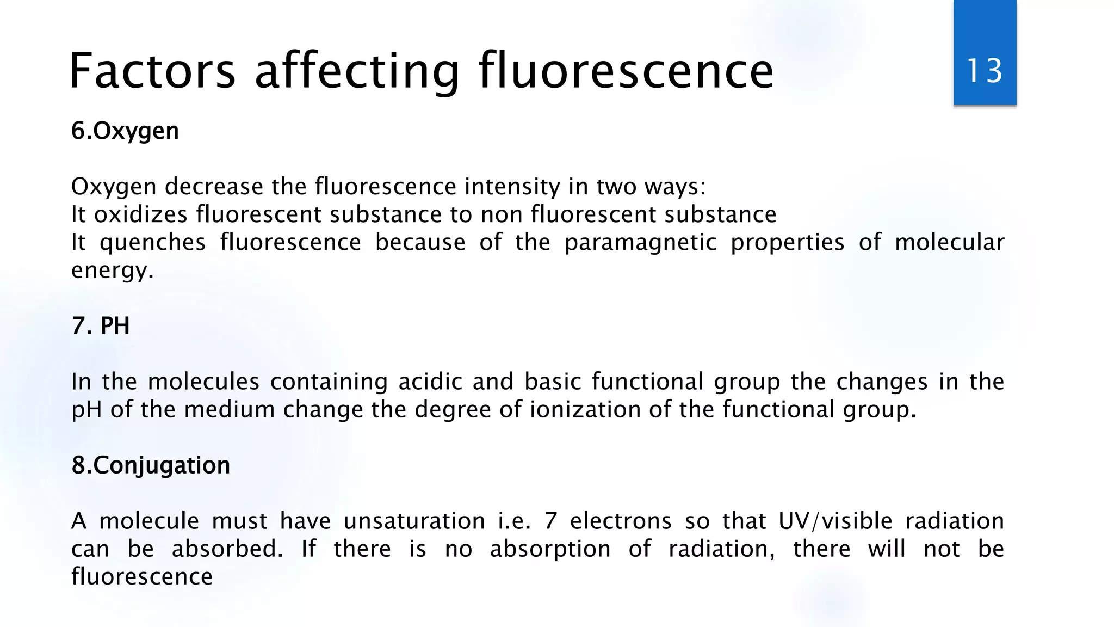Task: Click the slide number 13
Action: (x=985, y=71)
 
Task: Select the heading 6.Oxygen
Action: (x=125, y=131)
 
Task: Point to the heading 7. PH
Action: (x=101, y=326)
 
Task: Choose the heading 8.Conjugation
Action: (x=151, y=465)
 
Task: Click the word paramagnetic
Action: (x=640, y=243)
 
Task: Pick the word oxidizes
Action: (x=141, y=214)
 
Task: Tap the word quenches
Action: (x=153, y=243)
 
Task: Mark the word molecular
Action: (x=949, y=243)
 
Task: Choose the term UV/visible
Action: (x=835, y=521)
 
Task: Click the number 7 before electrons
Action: (x=551, y=521)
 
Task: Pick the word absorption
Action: (x=550, y=549)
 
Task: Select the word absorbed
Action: (x=227, y=549)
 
